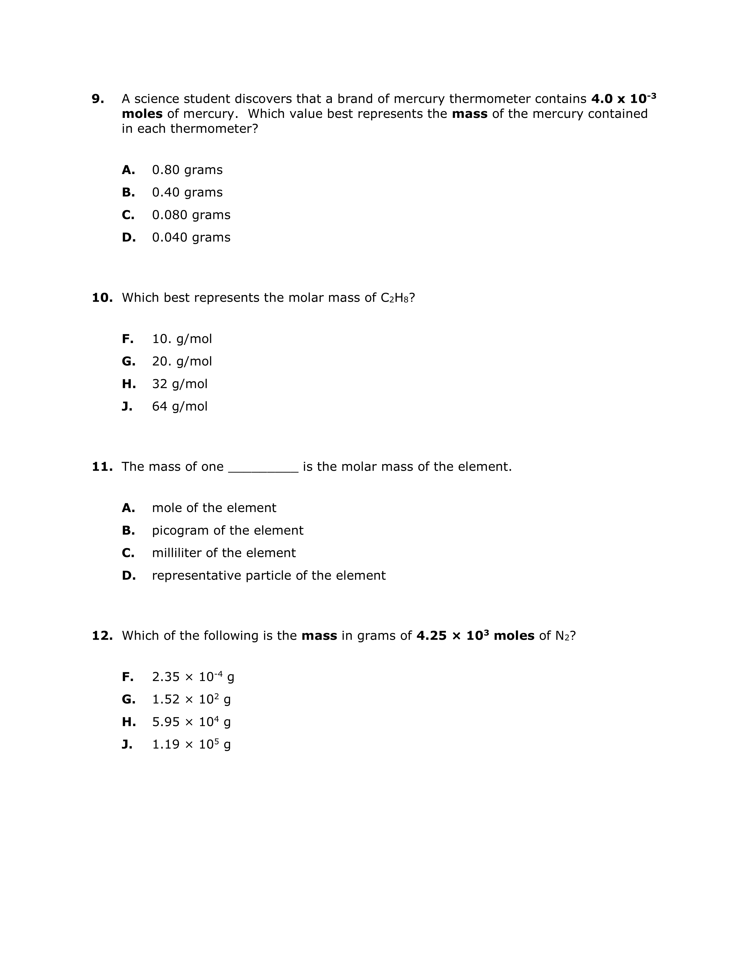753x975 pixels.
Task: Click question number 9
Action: [98, 99]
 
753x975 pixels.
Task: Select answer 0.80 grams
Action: [187, 170]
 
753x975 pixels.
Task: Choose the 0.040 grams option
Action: [191, 238]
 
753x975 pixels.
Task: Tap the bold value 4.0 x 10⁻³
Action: [623, 98]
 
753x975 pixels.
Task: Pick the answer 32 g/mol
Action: [179, 384]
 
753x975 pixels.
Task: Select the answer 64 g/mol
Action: [179, 406]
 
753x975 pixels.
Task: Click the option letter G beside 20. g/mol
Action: [128, 362]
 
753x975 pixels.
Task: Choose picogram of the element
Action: [227, 530]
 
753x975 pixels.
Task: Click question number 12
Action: [102, 636]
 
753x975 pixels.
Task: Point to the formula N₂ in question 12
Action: [563, 636]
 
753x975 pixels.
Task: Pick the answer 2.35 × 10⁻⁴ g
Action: [193, 677]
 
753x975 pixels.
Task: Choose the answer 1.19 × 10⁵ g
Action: [191, 744]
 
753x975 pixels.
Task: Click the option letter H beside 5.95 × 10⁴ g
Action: [128, 722]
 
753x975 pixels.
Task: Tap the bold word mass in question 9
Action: [469, 114]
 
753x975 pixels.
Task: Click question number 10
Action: [102, 298]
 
